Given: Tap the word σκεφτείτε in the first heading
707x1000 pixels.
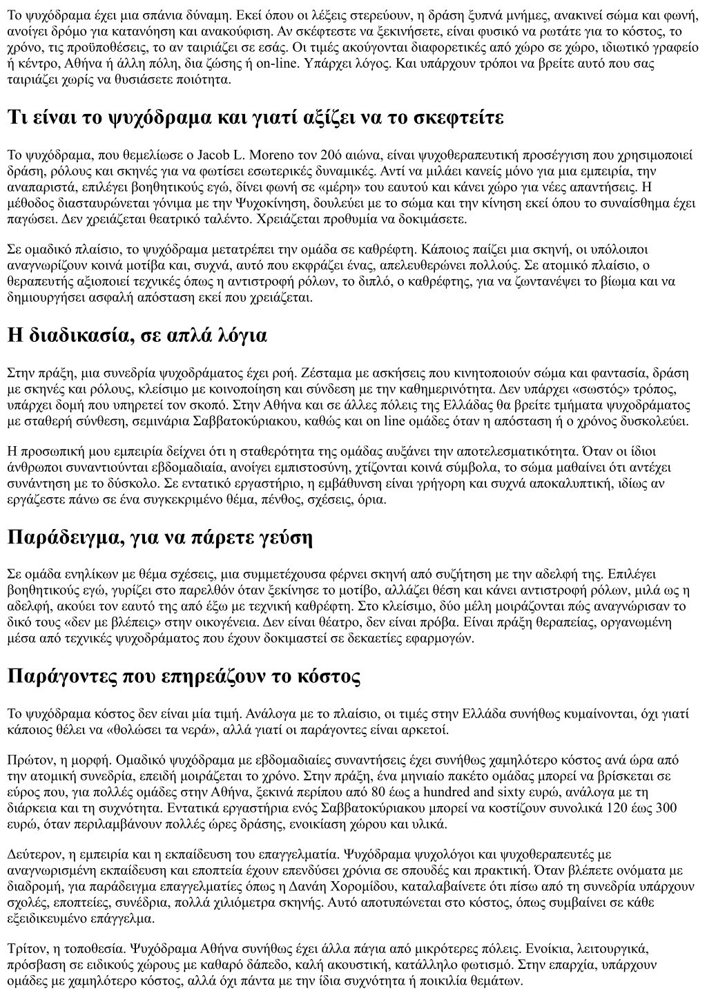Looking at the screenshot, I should tap(459, 117).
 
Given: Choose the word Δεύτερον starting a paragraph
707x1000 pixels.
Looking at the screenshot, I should tap(30, 853).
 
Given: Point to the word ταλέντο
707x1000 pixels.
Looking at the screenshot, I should tap(226, 220).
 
